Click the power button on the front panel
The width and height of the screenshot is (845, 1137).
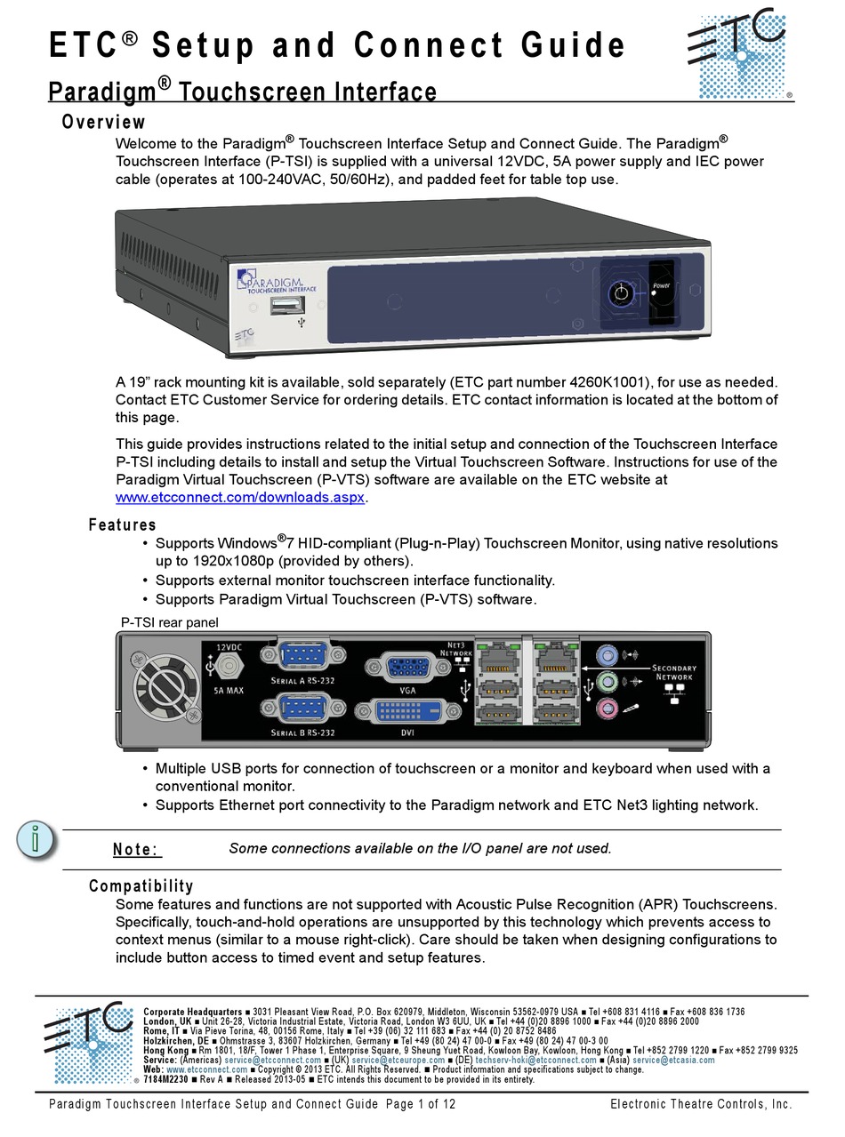[x=621, y=292]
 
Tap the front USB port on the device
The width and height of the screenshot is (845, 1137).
[x=287, y=307]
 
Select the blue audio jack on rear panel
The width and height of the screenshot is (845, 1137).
[x=606, y=656]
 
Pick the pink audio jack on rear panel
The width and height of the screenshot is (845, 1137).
[x=606, y=709]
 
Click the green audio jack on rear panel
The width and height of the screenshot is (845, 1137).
[x=606, y=683]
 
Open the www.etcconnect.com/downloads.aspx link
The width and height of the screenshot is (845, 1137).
[x=240, y=498]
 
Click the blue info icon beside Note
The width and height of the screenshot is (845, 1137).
[x=36, y=838]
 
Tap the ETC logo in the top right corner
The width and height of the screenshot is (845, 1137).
[x=737, y=52]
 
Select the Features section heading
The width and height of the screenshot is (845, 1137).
[x=122, y=524]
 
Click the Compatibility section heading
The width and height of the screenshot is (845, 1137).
[x=141, y=885]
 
